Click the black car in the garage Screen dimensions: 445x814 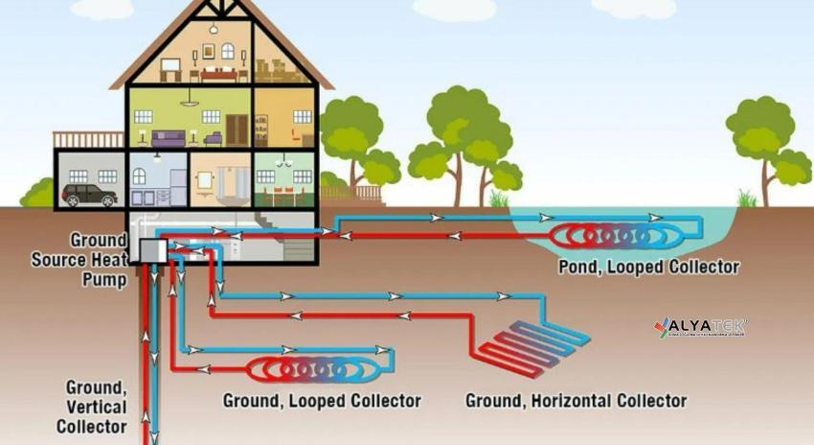click(89, 195)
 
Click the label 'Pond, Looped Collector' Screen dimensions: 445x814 click(648, 267)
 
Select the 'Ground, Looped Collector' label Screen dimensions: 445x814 click(321, 399)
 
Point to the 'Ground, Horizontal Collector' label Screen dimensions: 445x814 click(576, 399)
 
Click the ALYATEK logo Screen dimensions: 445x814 click(700, 327)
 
